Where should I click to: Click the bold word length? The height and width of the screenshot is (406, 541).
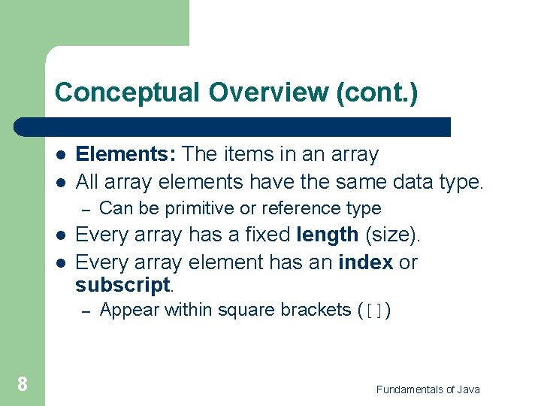click(328, 235)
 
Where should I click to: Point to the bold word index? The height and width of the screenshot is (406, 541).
click(366, 262)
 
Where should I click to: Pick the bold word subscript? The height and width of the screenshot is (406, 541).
click(123, 285)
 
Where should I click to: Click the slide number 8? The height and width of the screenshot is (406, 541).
click(23, 385)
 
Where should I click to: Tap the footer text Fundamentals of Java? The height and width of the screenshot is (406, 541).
click(428, 389)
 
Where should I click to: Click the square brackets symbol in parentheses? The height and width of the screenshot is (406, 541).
click(374, 311)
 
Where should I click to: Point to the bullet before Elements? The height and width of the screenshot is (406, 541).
click(59, 155)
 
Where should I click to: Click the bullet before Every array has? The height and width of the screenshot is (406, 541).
click(59, 235)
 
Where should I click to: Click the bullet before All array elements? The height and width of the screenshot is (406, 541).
click(59, 181)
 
